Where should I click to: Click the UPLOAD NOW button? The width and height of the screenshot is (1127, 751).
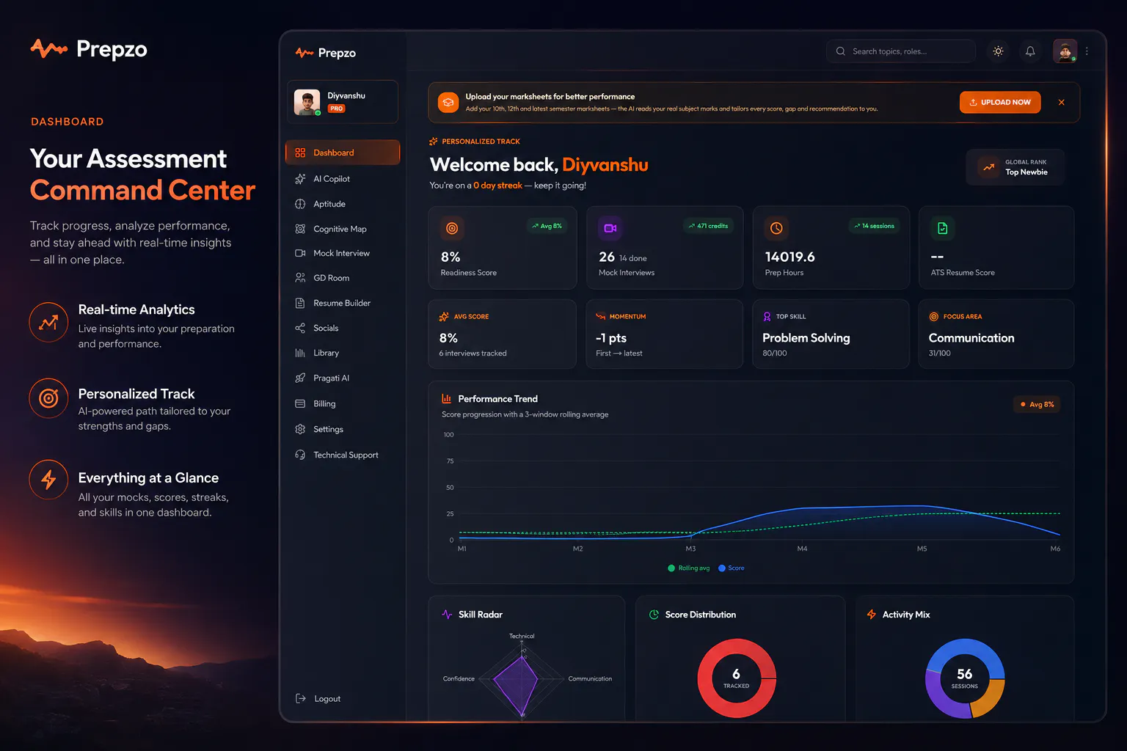(1000, 102)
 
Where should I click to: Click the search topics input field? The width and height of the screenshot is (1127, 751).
(900, 51)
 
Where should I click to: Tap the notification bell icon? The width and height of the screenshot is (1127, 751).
(1030, 51)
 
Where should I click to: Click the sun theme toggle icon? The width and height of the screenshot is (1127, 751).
(998, 51)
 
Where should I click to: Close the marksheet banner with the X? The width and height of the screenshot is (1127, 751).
(1061, 102)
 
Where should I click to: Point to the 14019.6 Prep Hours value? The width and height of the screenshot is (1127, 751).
(790, 257)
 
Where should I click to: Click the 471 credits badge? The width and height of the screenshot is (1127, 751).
(708, 226)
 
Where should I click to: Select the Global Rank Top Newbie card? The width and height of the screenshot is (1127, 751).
(1015, 167)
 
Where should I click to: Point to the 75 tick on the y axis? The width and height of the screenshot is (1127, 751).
(450, 461)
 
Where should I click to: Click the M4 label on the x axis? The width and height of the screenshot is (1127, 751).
(802, 549)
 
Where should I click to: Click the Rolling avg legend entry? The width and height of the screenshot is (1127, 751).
(688, 568)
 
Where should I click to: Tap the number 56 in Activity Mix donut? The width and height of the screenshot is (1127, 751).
(965, 673)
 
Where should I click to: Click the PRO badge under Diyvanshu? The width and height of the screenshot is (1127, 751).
(336, 108)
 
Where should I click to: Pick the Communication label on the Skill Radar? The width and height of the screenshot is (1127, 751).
(590, 678)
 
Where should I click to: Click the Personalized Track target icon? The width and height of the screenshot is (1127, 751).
(48, 398)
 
